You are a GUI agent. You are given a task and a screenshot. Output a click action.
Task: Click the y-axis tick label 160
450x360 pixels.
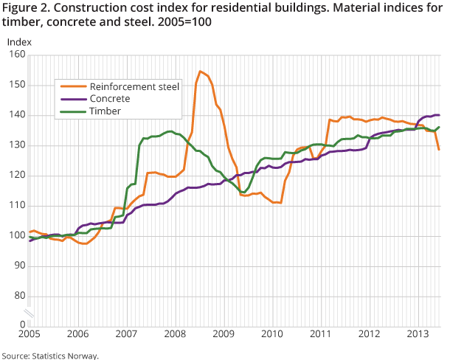pyautogui.click(x=16, y=55)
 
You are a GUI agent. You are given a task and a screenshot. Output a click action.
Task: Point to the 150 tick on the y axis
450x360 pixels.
pyautogui.click(x=16, y=85)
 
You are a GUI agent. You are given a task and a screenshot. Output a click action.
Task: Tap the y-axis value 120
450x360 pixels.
pyautogui.click(x=16, y=175)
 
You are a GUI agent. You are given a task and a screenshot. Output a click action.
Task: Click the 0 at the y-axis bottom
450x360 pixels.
pyautogui.click(x=22, y=324)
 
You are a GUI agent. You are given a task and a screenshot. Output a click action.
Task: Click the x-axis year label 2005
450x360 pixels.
pyautogui.click(x=30, y=334)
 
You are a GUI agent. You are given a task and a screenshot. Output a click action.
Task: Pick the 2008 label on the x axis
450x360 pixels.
pyautogui.click(x=175, y=334)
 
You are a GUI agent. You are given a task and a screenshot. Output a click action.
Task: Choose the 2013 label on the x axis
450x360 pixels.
pyautogui.click(x=418, y=334)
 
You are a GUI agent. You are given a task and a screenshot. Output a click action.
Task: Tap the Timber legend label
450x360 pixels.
pyautogui.click(x=105, y=111)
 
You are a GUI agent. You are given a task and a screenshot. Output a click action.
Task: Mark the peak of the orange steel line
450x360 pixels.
pyautogui.click(x=200, y=72)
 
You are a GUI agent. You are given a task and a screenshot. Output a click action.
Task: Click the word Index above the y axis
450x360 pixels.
pyautogui.click(x=19, y=41)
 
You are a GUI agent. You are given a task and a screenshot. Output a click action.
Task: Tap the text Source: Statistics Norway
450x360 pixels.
pyautogui.click(x=50, y=355)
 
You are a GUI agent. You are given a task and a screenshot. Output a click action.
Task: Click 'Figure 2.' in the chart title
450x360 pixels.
pyautogui.click(x=27, y=7)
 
